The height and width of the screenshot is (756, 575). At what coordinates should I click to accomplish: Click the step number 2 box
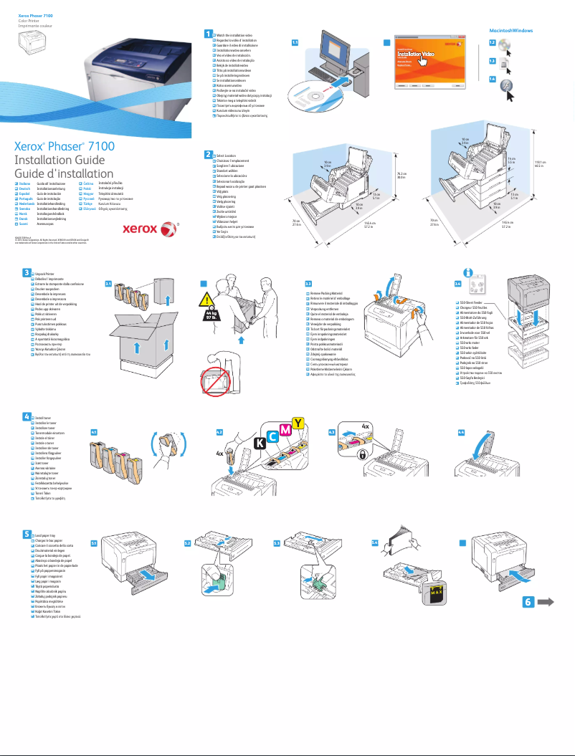pyautogui.click(x=208, y=154)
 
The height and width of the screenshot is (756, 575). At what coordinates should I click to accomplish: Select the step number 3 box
pyautogui.click(x=26, y=272)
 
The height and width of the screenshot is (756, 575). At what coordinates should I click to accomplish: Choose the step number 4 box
pyautogui.click(x=26, y=416)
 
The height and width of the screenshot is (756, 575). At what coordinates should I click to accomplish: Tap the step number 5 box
pyautogui.click(x=26, y=534)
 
